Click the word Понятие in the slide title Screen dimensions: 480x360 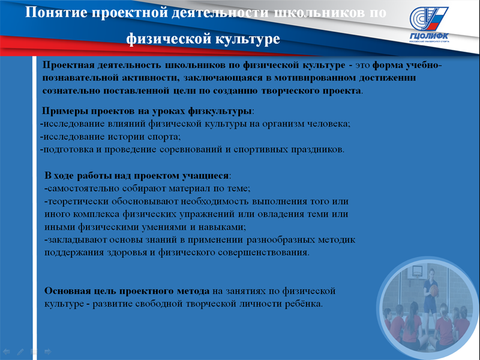tap(56, 13)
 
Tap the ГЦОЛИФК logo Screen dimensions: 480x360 tap(429, 25)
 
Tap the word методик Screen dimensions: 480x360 tap(337, 239)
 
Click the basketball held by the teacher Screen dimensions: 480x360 tap(434, 290)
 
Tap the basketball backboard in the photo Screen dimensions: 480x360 tap(416, 271)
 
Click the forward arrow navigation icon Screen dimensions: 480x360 tap(48, 352)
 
